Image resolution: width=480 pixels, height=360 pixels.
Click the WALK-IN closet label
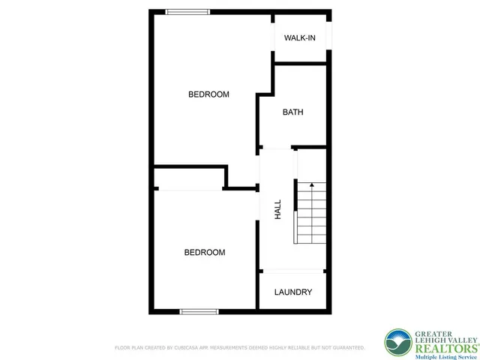(299, 38)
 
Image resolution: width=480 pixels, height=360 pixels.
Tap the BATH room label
(292, 112)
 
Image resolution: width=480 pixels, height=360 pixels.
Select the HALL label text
(277, 209)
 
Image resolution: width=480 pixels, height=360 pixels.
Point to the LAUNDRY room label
(292, 292)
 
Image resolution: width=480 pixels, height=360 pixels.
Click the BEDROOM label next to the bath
(208, 94)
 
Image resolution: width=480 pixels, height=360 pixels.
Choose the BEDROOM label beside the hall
(205, 253)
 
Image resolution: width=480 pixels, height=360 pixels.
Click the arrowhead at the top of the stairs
(311, 184)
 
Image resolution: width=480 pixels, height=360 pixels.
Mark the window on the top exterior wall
(187, 11)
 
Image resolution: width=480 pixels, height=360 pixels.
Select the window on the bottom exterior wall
(199, 310)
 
